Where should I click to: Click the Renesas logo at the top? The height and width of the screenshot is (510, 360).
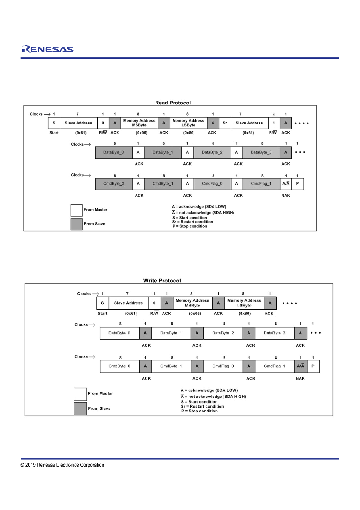tap(48, 49)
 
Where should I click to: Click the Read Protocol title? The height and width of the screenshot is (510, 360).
tap(173, 103)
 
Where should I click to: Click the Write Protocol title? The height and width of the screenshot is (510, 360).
tap(162, 281)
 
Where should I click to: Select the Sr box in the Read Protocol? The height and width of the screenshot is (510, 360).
tap(225, 123)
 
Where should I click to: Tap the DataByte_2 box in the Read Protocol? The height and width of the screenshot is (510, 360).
tap(212, 152)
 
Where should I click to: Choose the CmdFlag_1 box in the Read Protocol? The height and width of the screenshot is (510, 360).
tap(261, 184)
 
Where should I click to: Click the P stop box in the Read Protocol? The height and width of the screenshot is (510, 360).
tap(297, 184)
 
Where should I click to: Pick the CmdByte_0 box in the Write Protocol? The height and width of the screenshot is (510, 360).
tap(120, 366)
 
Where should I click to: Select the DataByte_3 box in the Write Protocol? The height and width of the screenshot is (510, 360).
tap(275, 333)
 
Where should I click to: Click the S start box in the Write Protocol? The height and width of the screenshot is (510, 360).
tap(103, 303)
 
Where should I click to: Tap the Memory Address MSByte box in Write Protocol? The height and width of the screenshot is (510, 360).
tap(193, 303)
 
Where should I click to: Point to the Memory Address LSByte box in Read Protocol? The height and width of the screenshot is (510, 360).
tap(188, 123)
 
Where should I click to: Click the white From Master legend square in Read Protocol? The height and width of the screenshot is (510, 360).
tap(76, 210)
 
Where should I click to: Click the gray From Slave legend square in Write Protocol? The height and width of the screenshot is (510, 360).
tap(80, 409)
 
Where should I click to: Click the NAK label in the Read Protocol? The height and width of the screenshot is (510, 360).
tap(286, 195)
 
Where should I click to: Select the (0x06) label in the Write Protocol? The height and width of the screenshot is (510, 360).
tap(195, 313)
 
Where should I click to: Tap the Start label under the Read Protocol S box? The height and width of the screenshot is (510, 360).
tap(54, 133)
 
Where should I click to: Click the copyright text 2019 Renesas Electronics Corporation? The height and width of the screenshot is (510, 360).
tap(62, 465)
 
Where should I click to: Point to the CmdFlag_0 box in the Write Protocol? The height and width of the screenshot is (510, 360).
tap(223, 366)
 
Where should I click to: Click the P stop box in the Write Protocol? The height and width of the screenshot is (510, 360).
tap(313, 366)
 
